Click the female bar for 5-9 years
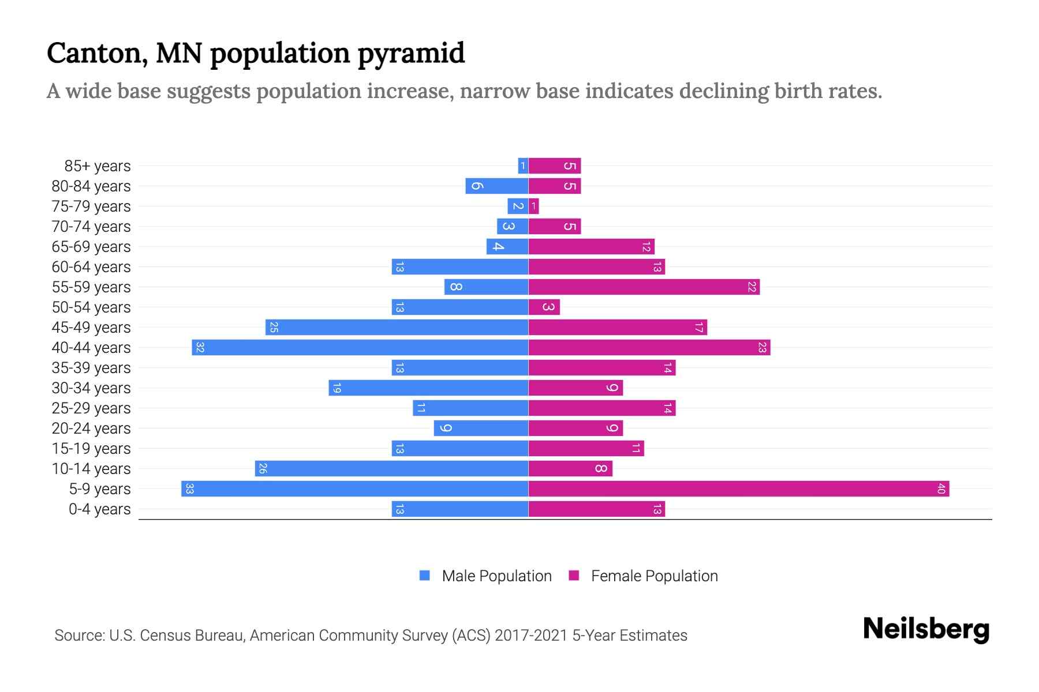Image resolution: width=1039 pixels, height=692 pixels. [x=739, y=489]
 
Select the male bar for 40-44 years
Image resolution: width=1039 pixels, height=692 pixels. [x=360, y=348]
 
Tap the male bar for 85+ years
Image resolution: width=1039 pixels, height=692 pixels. [x=523, y=166]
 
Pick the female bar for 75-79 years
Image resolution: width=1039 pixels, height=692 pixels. [x=533, y=206]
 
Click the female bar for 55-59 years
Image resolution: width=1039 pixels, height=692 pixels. [x=644, y=287]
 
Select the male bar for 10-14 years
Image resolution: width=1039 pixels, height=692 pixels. [x=391, y=469]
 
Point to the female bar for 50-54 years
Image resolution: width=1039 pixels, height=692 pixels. [x=544, y=307]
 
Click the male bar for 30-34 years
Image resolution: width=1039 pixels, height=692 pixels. [x=428, y=388]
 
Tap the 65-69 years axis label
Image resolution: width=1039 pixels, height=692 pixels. [x=91, y=247]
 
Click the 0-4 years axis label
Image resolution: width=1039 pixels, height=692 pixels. [x=99, y=509]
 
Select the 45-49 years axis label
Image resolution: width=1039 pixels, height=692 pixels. [x=91, y=328]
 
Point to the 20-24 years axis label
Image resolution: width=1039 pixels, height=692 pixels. [x=91, y=428]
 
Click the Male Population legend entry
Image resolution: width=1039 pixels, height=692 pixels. [x=496, y=576]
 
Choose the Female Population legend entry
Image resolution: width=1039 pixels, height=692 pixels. [x=654, y=576]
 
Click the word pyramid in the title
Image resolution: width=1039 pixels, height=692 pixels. [x=411, y=54]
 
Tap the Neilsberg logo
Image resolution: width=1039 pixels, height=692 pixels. [x=926, y=629]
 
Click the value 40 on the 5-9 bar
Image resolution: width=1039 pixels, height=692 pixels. [x=941, y=489]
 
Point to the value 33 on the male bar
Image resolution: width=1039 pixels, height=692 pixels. [x=189, y=489]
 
